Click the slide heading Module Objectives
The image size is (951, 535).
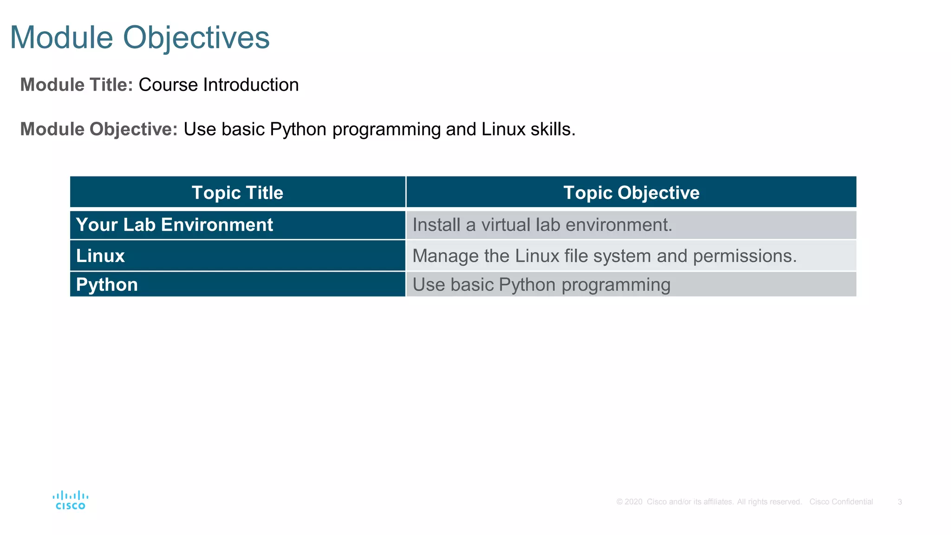139,37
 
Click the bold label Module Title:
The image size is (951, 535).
77,85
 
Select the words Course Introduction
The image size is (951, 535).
218,85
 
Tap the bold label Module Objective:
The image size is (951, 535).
99,129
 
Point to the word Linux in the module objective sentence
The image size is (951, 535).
503,129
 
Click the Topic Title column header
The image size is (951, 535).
237,192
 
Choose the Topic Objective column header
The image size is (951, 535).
631,192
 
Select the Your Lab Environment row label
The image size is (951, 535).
174,225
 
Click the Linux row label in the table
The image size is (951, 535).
100,256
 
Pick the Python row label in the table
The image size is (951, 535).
107,285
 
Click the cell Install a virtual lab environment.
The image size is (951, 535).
542,225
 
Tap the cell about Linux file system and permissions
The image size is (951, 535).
604,256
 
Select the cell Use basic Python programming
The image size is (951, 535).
541,285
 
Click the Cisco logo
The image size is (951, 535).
70,500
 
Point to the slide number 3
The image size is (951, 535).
899,502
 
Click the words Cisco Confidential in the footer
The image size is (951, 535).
841,502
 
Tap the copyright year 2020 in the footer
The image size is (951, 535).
633,502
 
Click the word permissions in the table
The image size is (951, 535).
744,256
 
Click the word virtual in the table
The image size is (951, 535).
506,225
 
